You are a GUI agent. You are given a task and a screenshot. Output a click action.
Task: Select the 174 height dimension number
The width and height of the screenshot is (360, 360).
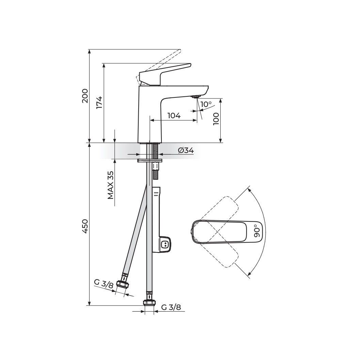tap(99, 103)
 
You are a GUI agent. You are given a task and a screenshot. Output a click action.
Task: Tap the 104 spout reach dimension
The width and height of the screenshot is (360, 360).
tap(174, 115)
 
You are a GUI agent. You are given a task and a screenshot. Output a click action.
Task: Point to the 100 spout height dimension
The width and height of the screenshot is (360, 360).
tap(216, 119)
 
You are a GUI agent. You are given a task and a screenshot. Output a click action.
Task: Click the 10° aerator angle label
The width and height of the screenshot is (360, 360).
tap(206, 104)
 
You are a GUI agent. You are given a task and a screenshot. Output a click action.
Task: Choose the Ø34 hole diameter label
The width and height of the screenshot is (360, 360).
tap(186, 151)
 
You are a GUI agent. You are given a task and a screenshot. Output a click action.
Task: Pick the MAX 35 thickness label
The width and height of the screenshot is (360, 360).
tap(111, 185)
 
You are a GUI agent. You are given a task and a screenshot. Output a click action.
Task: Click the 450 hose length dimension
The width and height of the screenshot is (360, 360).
tap(85, 226)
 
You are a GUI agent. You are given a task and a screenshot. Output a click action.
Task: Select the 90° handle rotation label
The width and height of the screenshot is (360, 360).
tap(257, 233)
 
